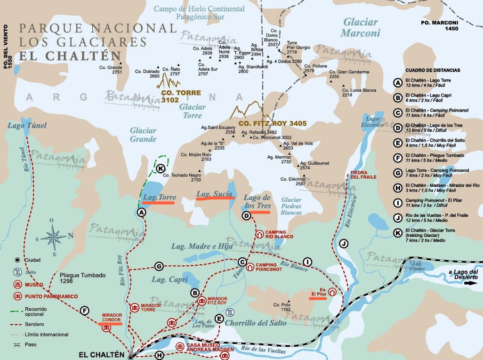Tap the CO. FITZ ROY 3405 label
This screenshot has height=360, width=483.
(273, 123)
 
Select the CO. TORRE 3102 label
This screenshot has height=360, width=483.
(181, 96)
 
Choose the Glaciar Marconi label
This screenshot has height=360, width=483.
(360, 27)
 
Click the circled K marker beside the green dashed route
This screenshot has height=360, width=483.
(161, 168)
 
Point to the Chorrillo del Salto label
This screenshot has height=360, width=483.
(255, 323)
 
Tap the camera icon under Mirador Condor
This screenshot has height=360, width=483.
(106, 328)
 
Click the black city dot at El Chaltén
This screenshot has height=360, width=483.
(131, 355)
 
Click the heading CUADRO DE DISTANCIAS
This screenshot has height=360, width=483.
(433, 70)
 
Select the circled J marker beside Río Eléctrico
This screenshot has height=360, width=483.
(344, 243)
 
